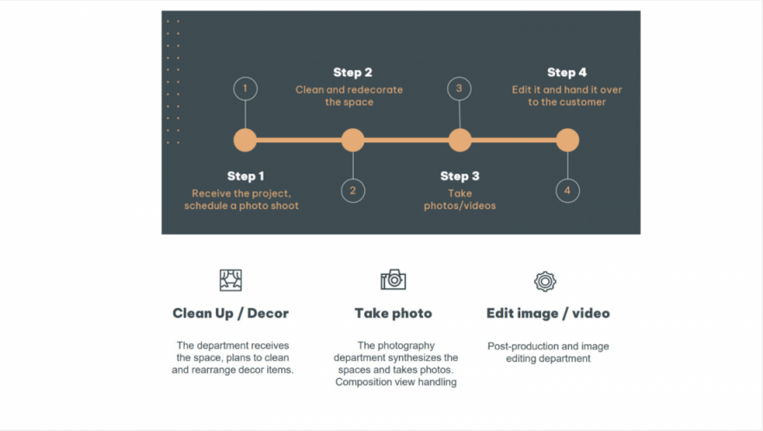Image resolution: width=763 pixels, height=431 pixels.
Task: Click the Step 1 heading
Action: point(245,176)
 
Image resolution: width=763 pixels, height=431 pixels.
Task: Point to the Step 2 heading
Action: point(353,73)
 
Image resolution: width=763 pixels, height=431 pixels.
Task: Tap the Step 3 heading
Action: point(460,176)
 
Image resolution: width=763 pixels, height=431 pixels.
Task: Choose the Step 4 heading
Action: point(567,73)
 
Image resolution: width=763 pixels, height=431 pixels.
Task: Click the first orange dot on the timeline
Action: point(245,140)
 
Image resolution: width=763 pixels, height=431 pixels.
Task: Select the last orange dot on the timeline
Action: point(567,140)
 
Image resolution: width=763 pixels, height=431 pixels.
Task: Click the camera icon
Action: point(393,280)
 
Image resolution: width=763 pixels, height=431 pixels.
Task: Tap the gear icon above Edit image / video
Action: point(545,281)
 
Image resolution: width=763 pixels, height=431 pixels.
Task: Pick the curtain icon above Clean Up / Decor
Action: point(231,280)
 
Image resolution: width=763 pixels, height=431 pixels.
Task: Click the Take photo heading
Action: point(393,313)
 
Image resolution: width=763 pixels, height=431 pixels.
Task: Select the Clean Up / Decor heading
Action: point(231,313)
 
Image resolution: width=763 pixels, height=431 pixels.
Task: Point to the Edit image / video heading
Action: point(548,313)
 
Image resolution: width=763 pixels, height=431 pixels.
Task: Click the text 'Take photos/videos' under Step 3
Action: point(460,199)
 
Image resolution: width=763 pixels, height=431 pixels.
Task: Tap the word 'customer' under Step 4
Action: point(583,102)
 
